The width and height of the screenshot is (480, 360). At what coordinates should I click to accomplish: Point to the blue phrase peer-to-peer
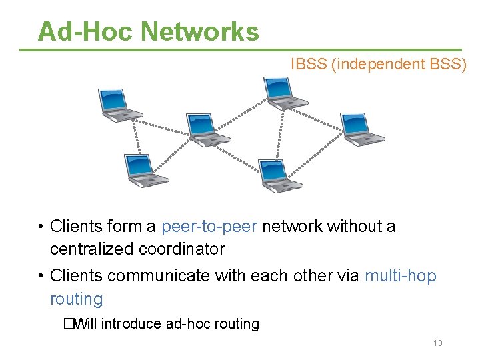pyautogui.click(x=209, y=227)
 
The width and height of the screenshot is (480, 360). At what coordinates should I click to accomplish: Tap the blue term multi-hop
pyautogui.click(x=400, y=276)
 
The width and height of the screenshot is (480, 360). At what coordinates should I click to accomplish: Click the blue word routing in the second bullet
pyautogui.click(x=76, y=299)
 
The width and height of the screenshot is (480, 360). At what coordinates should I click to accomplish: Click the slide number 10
pyautogui.click(x=437, y=343)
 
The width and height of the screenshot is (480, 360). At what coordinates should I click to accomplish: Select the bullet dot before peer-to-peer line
pyautogui.click(x=41, y=227)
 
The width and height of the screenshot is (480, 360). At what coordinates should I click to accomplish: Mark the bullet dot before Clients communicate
pyautogui.click(x=41, y=276)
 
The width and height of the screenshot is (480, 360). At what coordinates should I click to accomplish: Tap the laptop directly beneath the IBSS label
pyautogui.click(x=284, y=92)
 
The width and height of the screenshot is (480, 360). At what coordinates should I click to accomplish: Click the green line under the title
pyautogui.click(x=249, y=50)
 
